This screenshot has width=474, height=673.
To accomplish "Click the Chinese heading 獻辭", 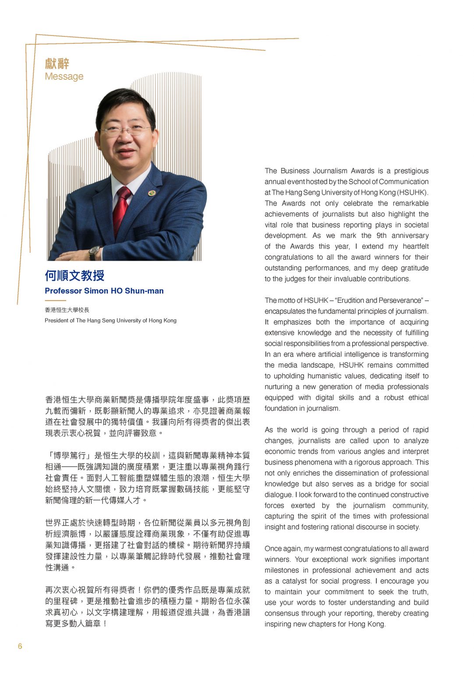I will point(57,64).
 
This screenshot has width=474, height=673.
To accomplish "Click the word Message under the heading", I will point(64,76).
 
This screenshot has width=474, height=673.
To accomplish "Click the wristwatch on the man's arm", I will point(94,252).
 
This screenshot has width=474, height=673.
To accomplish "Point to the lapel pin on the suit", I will point(152,193).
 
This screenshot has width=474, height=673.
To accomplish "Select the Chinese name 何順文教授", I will point(74,276).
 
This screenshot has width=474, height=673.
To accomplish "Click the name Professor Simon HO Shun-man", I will point(104,291).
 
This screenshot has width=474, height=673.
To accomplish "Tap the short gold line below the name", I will point(55,301).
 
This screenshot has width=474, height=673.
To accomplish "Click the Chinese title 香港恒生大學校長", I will point(67,310).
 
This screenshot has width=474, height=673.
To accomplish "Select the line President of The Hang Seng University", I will point(110,320).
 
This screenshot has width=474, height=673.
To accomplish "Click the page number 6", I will point(20,646).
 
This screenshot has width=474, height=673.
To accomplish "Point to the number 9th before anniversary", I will point(381,236).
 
